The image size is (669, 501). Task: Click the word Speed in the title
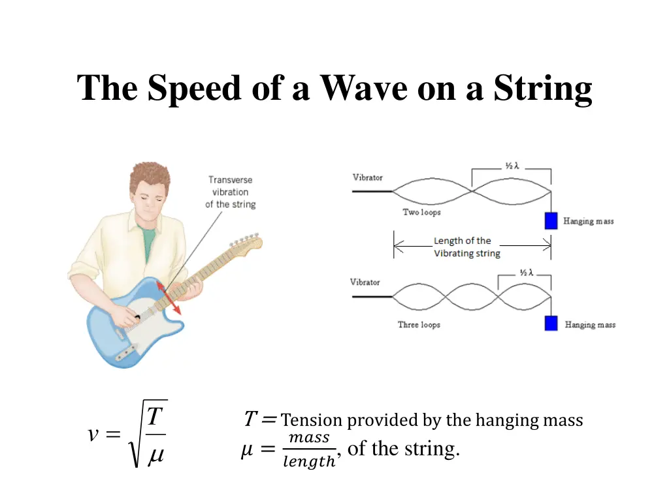[194, 88]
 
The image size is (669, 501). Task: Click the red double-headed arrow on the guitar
[169, 296]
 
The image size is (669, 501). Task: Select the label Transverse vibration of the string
[230, 192]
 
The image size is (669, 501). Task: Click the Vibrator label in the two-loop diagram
[368, 177]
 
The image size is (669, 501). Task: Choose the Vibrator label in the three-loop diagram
[365, 282]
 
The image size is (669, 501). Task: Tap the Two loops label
[421, 213]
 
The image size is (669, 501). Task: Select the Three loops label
[419, 325]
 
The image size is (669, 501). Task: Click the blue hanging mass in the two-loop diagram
[551, 220]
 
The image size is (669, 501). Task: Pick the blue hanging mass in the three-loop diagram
[551, 323]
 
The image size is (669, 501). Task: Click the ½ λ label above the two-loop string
[512, 166]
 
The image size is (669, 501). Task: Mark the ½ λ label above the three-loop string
[525, 273]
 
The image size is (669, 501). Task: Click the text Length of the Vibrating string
[466, 247]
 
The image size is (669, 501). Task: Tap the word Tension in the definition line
[312, 421]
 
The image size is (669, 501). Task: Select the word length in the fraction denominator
[308, 463]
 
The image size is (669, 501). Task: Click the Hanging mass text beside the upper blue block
[589, 222]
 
